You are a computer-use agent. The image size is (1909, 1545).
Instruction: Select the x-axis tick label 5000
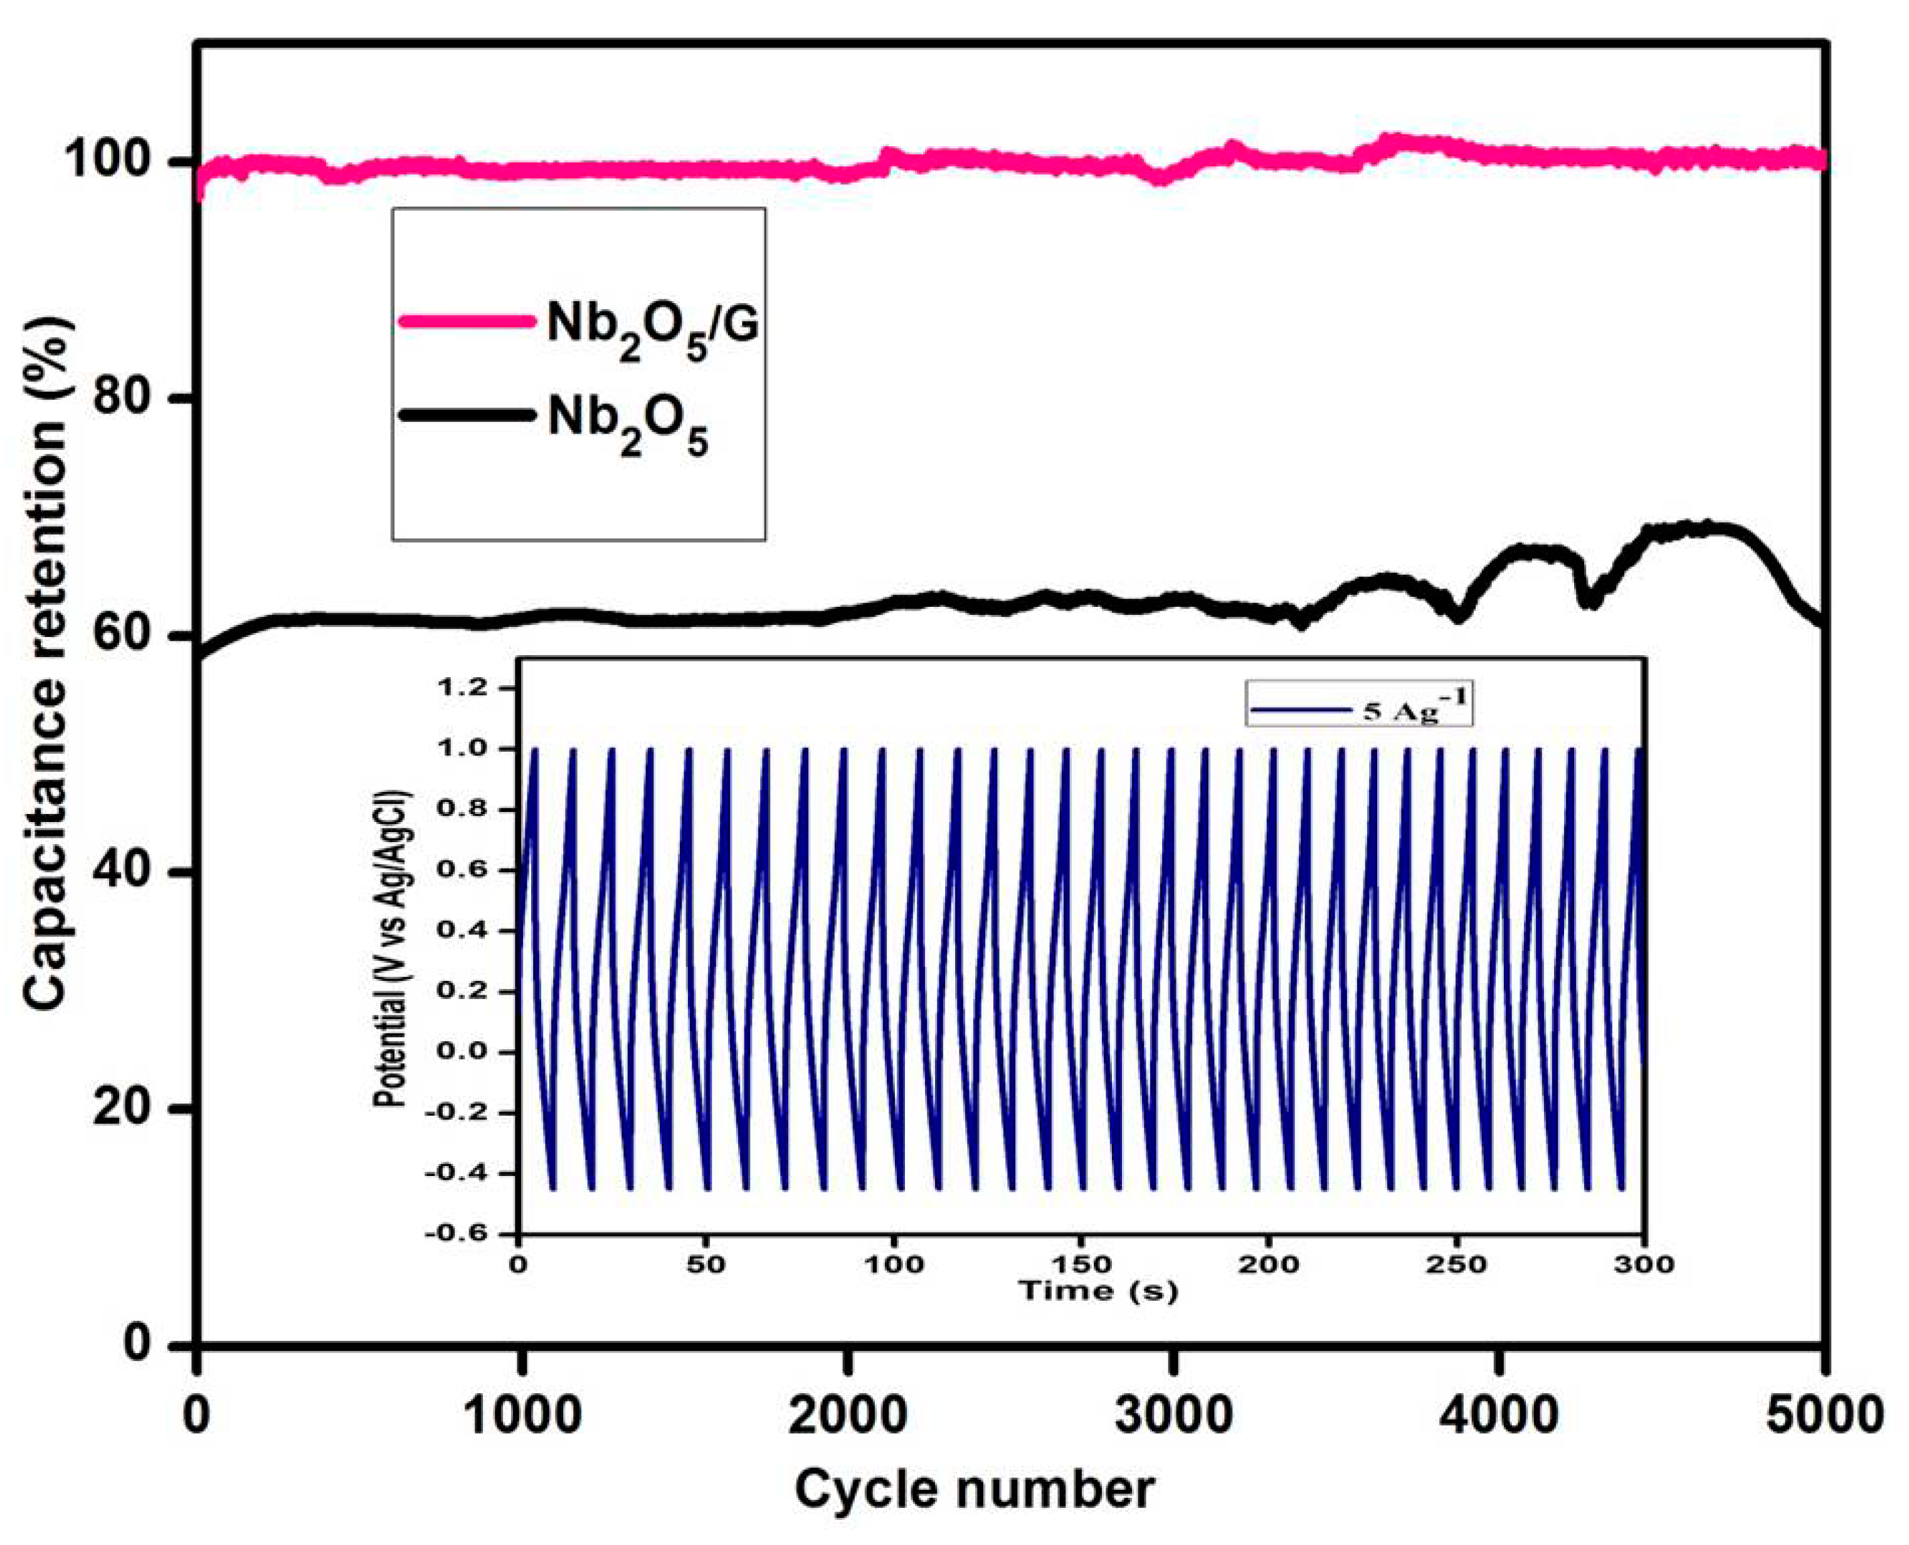tap(1824, 1413)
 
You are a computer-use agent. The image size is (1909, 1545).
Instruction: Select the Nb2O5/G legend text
tap(653, 328)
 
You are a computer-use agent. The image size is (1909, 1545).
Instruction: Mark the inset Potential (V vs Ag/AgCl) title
tap(391, 899)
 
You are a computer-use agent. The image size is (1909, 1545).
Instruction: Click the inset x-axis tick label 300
tap(1644, 1264)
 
